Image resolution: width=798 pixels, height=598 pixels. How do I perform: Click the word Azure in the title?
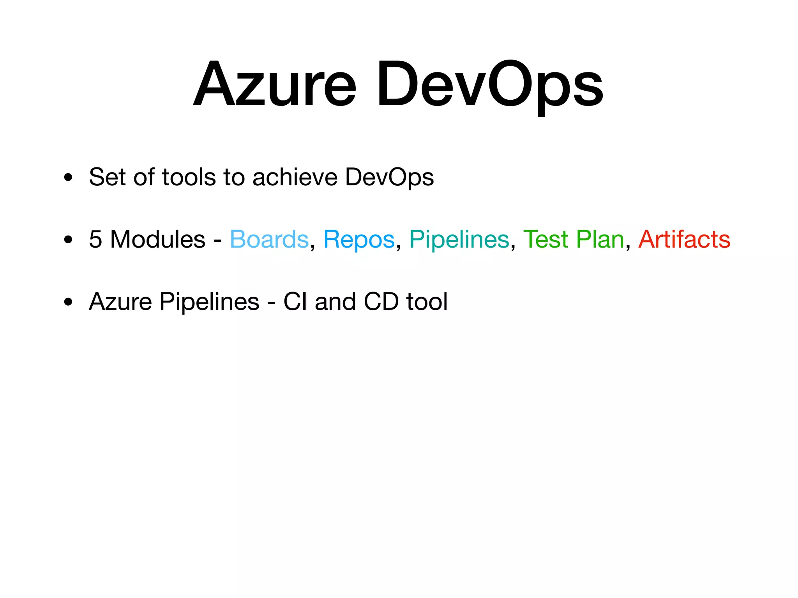pyautogui.click(x=275, y=84)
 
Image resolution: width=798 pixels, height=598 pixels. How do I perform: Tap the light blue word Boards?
pyautogui.click(x=269, y=239)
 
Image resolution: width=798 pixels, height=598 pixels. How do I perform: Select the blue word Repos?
pyautogui.click(x=359, y=239)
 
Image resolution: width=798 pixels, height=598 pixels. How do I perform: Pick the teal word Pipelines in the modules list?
pyautogui.click(x=459, y=239)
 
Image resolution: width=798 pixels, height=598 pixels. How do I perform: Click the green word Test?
pyautogui.click(x=546, y=239)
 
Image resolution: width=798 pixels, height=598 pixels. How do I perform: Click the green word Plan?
pyautogui.click(x=600, y=239)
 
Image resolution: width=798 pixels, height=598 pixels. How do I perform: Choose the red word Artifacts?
pyautogui.click(x=684, y=239)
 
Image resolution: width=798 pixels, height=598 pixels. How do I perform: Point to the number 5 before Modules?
pyautogui.click(x=95, y=239)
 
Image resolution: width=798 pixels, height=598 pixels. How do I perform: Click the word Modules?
pyautogui.click(x=157, y=239)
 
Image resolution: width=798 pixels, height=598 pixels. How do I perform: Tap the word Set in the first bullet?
pyautogui.click(x=107, y=177)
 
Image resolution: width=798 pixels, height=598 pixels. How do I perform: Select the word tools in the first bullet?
pyautogui.click(x=189, y=177)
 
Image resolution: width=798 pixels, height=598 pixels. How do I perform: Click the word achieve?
pyautogui.click(x=295, y=177)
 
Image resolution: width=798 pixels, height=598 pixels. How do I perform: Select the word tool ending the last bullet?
pyautogui.click(x=427, y=301)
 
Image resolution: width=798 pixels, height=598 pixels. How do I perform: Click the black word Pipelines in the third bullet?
pyautogui.click(x=209, y=302)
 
